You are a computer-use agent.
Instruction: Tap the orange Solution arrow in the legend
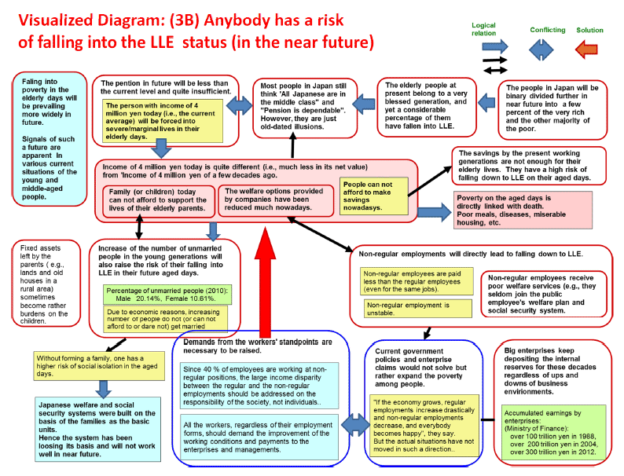pos(586,49)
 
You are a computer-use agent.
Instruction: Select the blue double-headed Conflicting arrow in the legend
pos(541,49)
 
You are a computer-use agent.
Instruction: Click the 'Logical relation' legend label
pos(483,29)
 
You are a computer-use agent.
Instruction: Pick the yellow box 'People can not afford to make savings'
pos(373,196)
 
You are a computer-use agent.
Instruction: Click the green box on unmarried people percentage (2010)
pos(167,295)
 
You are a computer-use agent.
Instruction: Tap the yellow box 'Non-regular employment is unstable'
pos(417,309)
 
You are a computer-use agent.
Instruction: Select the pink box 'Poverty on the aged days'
pos(523,210)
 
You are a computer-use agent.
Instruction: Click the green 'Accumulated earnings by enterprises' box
pos(553,432)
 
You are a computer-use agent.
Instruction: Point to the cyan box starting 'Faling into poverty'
pos(50,139)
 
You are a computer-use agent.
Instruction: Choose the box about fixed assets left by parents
pos(46,283)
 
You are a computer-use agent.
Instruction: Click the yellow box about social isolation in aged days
pos(99,366)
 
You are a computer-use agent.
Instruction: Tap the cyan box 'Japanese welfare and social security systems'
pos(98,430)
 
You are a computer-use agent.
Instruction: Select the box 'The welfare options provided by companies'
pos(276,201)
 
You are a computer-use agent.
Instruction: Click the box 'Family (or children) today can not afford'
pos(159,201)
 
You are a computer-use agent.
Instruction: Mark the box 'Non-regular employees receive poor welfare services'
pos(544,294)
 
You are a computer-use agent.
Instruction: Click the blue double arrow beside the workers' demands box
pos(356,425)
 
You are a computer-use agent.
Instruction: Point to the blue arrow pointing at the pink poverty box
pos(435,211)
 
